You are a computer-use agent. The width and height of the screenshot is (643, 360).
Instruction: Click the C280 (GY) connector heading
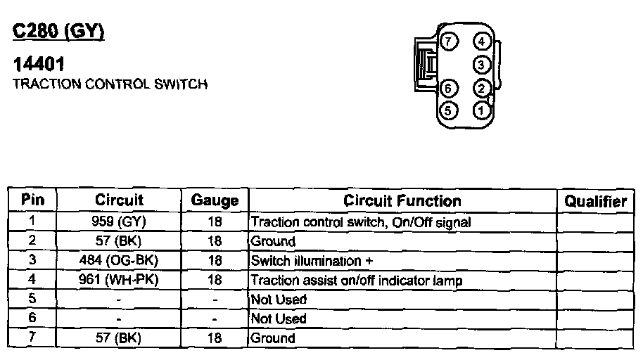pos(59,32)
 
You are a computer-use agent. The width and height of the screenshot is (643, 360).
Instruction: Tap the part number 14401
pos(39,65)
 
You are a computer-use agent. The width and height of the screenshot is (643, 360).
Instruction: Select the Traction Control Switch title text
pos(110,84)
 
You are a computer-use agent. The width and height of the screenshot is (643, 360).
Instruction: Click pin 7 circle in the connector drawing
pos(449,41)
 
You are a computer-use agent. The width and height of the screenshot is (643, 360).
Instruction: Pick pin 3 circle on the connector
pos(482,65)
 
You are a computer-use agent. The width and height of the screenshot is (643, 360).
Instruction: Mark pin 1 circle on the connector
pos(482,110)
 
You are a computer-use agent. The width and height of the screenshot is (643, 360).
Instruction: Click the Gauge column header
pos(215,200)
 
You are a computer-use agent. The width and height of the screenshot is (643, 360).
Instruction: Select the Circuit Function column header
pos(402,200)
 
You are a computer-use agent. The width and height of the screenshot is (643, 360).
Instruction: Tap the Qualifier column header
pos(596,201)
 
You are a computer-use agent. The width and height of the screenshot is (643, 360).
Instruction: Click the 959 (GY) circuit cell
pos(119,222)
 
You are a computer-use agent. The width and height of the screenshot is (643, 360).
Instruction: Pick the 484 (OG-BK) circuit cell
pos(119,261)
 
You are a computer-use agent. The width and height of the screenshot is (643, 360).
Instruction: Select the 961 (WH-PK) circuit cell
pos(119,281)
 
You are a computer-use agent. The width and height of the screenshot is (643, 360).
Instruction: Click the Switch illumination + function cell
pos(312,261)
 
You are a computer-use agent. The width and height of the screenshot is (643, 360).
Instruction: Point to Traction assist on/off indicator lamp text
pos(357,281)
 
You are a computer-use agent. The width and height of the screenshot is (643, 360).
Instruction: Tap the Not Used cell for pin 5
pos(279,300)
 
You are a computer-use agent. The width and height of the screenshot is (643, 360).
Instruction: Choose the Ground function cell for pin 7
pos(274,338)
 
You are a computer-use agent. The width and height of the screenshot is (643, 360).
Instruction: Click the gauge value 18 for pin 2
pos(215,242)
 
